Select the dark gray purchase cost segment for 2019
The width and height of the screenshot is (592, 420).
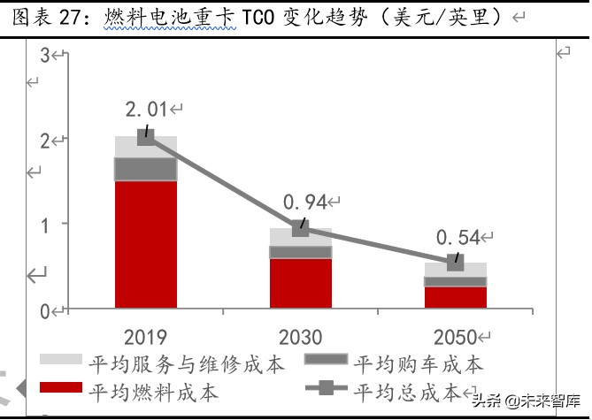[146, 169]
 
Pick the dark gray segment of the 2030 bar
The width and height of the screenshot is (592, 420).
[301, 252]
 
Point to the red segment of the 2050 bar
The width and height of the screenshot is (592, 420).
[456, 297]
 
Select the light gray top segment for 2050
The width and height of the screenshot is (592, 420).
[456, 270]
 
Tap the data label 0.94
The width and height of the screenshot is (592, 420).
[304, 202]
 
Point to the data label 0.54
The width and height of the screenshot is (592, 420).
[457, 237]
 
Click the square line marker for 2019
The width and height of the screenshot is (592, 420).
[146, 136]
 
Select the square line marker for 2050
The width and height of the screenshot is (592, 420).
[456, 262]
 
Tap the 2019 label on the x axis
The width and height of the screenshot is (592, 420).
[146, 337]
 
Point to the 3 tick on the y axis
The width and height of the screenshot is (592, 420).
[45, 56]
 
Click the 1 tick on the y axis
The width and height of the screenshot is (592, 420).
[45, 224]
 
